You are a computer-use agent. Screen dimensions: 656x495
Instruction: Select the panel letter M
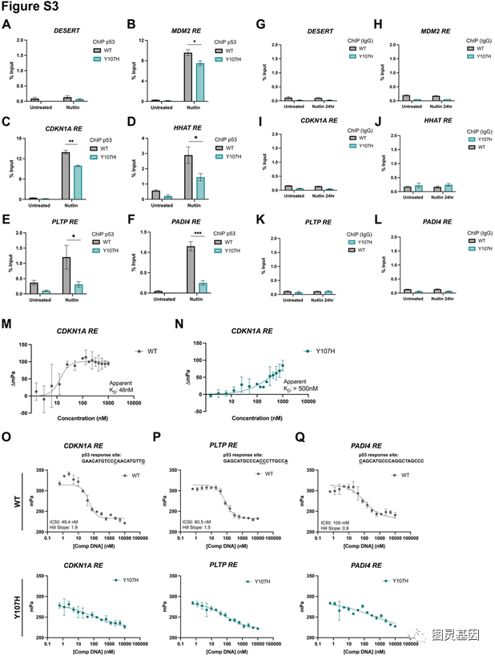[7, 321]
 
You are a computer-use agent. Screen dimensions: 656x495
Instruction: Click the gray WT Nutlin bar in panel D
[187, 175]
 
